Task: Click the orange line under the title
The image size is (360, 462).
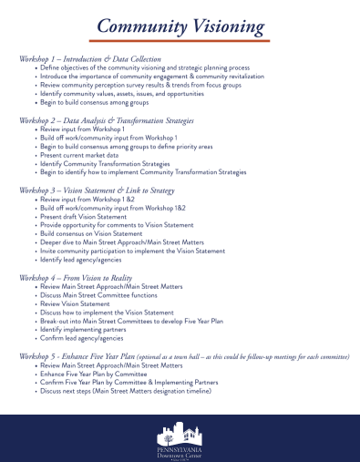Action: [x=180, y=41]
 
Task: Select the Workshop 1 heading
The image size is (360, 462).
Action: [x=90, y=58]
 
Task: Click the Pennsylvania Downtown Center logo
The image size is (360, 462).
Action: [x=180, y=436]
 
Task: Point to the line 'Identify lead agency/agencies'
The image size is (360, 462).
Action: [x=87, y=259]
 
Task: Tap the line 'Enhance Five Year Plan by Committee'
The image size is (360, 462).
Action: [x=96, y=373]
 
